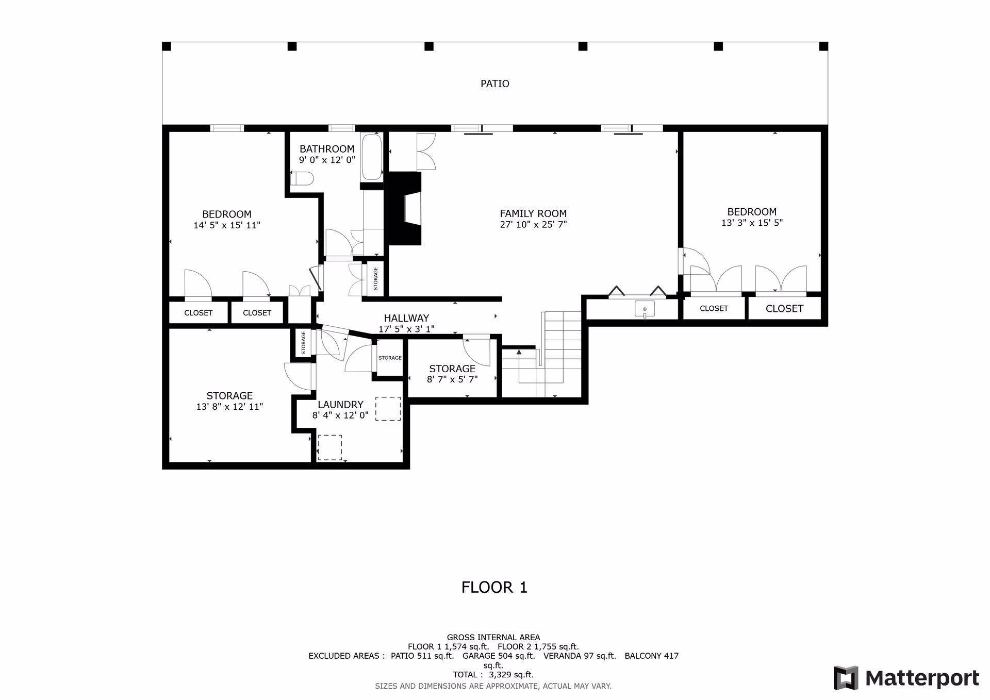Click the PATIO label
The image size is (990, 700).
tap(494, 84)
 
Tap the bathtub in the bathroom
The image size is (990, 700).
tap(371, 158)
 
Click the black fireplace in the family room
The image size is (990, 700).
tap(404, 208)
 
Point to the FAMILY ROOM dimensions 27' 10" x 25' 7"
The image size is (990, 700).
tap(533, 224)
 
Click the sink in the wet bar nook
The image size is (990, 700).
tap(645, 309)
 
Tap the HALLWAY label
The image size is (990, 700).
tap(406, 318)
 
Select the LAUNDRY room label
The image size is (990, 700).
tap(340, 405)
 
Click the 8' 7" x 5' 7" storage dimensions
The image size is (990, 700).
tap(452, 379)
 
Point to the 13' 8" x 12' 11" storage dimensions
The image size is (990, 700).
tap(229, 407)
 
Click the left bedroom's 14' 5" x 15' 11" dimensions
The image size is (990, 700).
tap(227, 225)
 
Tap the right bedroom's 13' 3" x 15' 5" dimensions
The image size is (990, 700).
tap(752, 223)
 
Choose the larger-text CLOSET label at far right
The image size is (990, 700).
tap(784, 309)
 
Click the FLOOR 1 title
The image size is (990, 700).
tap(494, 587)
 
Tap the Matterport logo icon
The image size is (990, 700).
tap(846, 678)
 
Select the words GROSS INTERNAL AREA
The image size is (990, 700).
tap(493, 638)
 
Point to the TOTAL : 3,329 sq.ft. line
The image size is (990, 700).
tap(493, 675)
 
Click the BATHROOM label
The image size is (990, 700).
tap(327, 149)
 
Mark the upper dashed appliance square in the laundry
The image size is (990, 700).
tap(388, 408)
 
